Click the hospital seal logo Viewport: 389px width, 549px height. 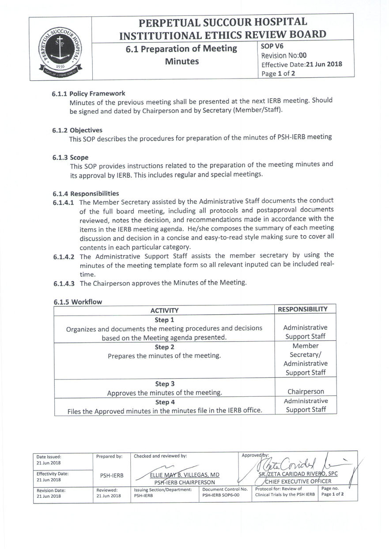coord(60,53)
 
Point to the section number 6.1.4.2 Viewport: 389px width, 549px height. coord(64,256)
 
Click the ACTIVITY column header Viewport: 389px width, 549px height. coord(164,310)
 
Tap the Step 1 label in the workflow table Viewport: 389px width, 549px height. coord(164,320)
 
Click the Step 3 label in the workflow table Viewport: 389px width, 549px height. coord(165,384)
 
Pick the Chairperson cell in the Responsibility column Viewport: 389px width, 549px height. coord(306,391)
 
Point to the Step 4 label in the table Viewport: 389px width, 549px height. coord(165,402)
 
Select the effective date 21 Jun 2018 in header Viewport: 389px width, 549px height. coord(324,64)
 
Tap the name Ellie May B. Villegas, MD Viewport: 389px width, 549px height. coord(185,475)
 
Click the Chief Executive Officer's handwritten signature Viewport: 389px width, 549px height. coord(291,463)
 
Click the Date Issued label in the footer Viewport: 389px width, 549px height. coord(49,457)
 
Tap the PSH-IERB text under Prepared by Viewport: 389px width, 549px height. coord(112,475)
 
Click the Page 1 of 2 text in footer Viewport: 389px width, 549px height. coord(332,494)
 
